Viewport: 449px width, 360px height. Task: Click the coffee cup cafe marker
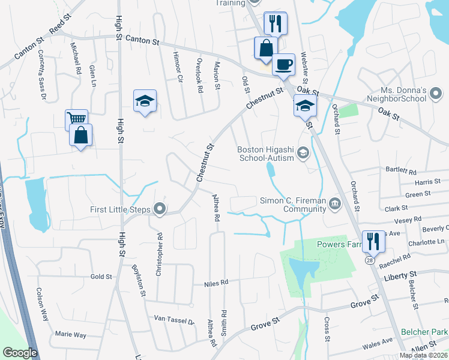click(283, 64)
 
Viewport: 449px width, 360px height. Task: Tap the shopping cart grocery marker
click(76, 119)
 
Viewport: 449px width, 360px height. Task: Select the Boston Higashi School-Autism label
click(266, 154)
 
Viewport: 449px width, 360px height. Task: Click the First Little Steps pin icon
click(160, 209)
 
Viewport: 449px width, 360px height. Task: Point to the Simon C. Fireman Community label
click(292, 205)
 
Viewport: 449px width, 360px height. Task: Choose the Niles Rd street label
click(217, 282)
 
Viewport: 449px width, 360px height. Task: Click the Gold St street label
click(101, 277)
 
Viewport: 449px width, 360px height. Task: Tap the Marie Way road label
click(71, 334)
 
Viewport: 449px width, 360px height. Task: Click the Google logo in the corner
click(20, 353)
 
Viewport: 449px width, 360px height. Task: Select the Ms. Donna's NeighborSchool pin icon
click(436, 93)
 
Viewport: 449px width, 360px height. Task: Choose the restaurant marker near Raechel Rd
click(374, 241)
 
